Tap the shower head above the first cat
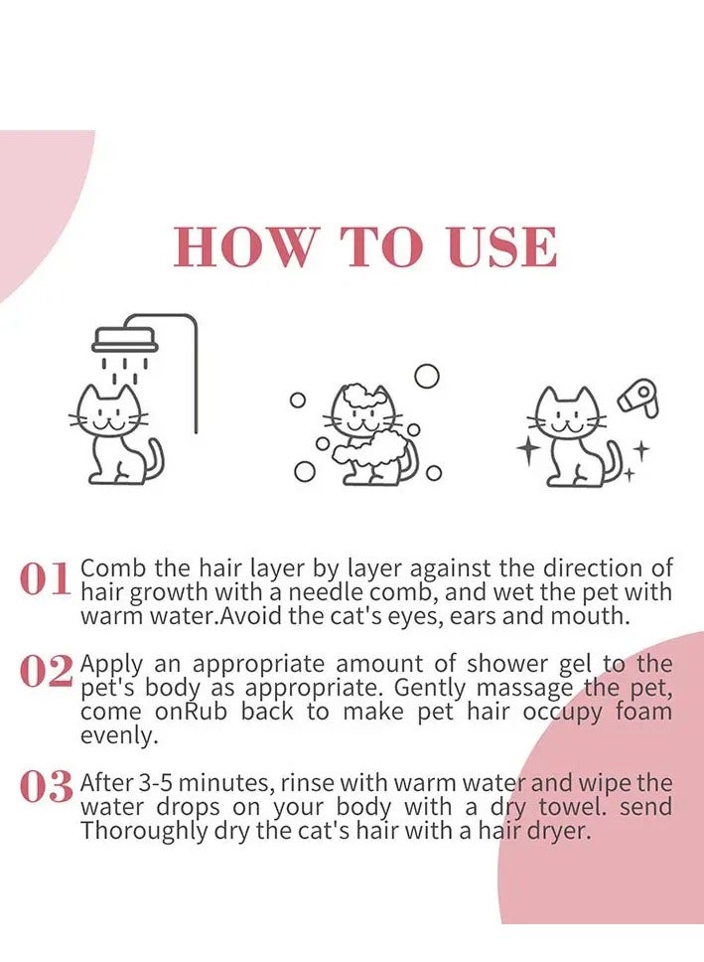pos(125,342)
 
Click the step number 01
pos(46,580)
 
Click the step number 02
pos(46,674)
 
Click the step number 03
pos(46,788)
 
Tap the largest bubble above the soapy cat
pos(427,376)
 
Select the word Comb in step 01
pos(113,568)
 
